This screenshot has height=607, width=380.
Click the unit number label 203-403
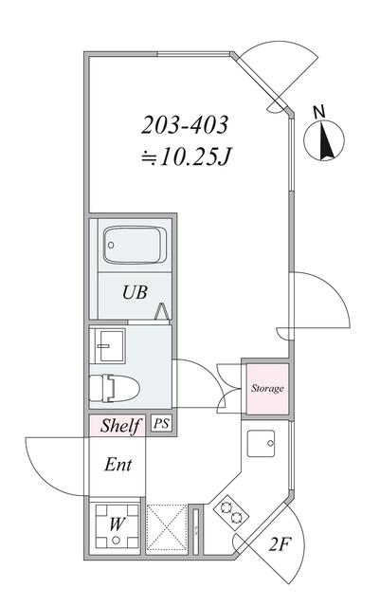click(x=184, y=125)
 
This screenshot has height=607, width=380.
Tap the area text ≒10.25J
click(x=186, y=156)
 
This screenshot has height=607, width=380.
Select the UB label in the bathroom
click(x=135, y=292)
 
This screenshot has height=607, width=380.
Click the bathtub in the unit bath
click(x=135, y=245)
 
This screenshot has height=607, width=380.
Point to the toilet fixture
click(x=114, y=388)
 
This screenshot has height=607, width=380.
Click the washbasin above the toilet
click(x=107, y=345)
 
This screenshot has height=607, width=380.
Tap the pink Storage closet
click(x=267, y=388)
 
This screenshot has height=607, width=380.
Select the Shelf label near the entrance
click(x=119, y=426)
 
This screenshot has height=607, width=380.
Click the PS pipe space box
click(x=161, y=424)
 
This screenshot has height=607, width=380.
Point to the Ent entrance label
click(x=118, y=465)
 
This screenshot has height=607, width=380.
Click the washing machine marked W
click(x=117, y=526)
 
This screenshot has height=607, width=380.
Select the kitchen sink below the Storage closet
click(x=262, y=443)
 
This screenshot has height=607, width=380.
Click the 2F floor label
click(x=280, y=545)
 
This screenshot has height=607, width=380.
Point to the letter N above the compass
click(x=319, y=112)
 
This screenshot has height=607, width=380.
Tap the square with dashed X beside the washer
click(x=167, y=527)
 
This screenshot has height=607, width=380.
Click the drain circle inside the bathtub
click(x=111, y=245)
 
